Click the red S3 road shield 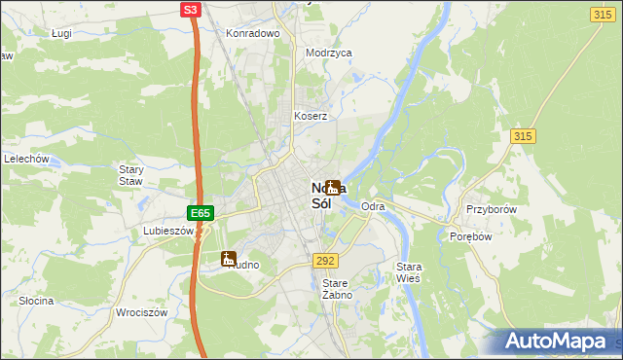coord(191,10)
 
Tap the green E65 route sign coord(200,212)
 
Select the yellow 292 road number coord(325,261)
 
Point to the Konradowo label coord(253,33)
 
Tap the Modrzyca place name coord(328,54)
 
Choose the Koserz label coord(311,116)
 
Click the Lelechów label coord(26,159)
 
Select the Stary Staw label coord(130,174)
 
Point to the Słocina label coord(36,301)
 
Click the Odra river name coord(373,207)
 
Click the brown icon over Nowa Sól coord(333,187)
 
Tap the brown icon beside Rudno coord(229,259)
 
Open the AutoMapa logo coord(560,342)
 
